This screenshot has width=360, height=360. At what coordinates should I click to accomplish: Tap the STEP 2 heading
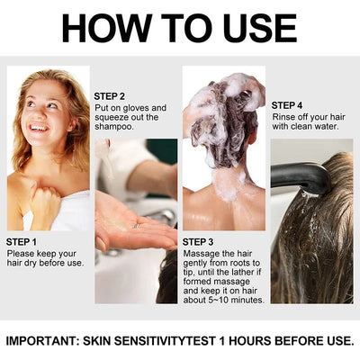[x=110, y=95]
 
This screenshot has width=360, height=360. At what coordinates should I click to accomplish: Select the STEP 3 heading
[x=199, y=242]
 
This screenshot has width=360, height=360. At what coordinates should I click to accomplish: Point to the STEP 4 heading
[x=289, y=104]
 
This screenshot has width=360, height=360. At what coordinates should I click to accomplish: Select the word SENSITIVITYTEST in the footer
[x=184, y=341]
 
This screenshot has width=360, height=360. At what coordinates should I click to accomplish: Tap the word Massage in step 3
[x=202, y=255]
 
